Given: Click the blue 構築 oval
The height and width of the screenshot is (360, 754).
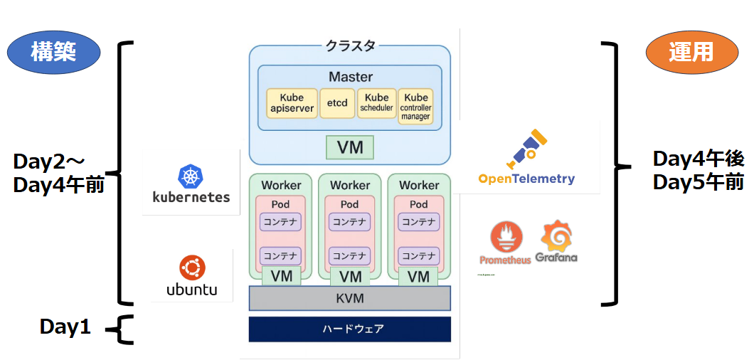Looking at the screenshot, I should click(53, 52).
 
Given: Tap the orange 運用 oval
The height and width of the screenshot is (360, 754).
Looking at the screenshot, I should click(691, 52).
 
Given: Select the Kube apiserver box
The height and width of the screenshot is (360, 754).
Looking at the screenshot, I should click(292, 103).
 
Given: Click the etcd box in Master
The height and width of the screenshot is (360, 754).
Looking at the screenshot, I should click(337, 103).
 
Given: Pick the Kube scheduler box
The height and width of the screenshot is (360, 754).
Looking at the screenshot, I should click(376, 103).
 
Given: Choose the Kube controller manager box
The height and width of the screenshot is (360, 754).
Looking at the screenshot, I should click(415, 106).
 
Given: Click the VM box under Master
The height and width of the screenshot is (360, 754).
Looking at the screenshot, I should click(350, 147).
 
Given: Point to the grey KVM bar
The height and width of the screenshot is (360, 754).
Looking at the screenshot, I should click(349, 298).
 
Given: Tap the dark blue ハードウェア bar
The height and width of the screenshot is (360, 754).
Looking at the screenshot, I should click(349, 329).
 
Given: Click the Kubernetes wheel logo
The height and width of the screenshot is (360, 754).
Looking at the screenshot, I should click(191, 176).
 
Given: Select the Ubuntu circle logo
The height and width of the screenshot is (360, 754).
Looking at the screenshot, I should click(191, 268).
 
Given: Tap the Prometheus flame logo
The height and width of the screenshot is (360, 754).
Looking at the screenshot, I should click(506, 238).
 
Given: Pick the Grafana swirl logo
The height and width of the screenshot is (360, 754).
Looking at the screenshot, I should click(557, 235).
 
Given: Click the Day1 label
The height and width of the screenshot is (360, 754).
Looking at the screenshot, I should click(65, 327).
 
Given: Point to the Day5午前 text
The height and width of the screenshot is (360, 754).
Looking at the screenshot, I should click(699, 181).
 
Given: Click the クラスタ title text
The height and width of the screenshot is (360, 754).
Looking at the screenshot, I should click(350, 46).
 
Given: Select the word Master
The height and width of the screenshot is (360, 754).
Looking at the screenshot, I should click(350, 77).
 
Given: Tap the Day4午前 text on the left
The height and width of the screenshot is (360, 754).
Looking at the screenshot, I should click(59, 185).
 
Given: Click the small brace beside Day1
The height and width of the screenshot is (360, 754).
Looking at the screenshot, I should click(122, 329).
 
